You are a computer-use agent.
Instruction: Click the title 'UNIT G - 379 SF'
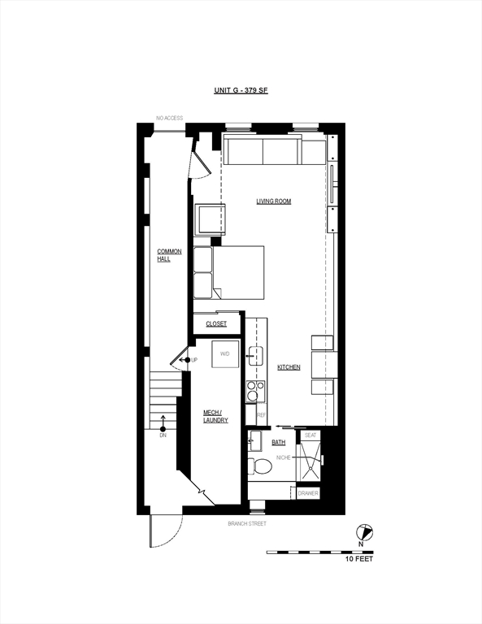tap(241, 90)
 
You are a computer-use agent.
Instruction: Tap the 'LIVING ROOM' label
tap(273, 201)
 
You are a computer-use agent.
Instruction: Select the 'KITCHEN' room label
tap(289, 367)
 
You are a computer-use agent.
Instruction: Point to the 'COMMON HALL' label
tap(169, 255)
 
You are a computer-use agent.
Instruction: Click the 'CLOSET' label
tap(216, 324)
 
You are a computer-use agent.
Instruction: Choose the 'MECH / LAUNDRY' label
tap(215, 416)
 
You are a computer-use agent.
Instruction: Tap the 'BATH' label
tap(278, 443)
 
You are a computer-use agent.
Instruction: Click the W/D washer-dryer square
tap(225, 354)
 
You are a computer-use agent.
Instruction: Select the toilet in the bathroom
tap(259, 466)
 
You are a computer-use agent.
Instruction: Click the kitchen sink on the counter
tap(255, 356)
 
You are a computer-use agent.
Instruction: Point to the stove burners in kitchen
tap(255, 391)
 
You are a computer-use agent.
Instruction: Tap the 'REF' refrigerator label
tap(261, 415)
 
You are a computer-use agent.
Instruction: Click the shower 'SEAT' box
tap(310, 435)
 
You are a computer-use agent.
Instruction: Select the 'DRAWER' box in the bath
tap(308, 493)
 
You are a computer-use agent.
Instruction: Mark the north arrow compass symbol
tap(364, 532)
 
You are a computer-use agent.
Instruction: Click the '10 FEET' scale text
tap(359, 559)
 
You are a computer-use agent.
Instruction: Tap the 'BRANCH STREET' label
tap(247, 524)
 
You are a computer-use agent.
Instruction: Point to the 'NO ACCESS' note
tap(170, 118)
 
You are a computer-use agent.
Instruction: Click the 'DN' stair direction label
tap(163, 435)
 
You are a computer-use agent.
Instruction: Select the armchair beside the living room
tap(210, 219)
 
